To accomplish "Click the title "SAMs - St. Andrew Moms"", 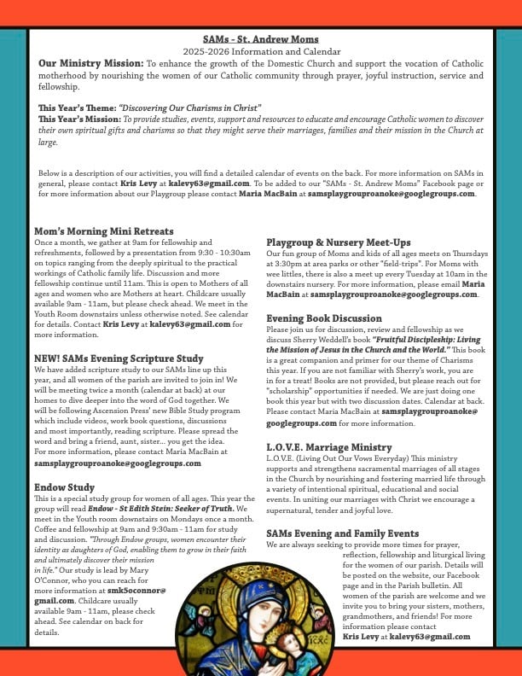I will click(261, 39).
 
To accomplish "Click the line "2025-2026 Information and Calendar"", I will click(261, 51).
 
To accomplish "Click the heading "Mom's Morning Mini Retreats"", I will click(104, 231).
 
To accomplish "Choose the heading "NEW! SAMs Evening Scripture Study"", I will click(119, 358).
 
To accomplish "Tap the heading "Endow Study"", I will click(65, 487).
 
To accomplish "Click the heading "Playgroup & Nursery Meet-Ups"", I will click(338, 242).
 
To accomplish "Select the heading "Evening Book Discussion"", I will click(324, 318).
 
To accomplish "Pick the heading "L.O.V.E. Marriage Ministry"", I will click(329, 446).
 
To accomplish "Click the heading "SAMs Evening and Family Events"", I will click(343, 533).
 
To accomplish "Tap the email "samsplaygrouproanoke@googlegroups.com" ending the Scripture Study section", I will click(118, 463).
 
